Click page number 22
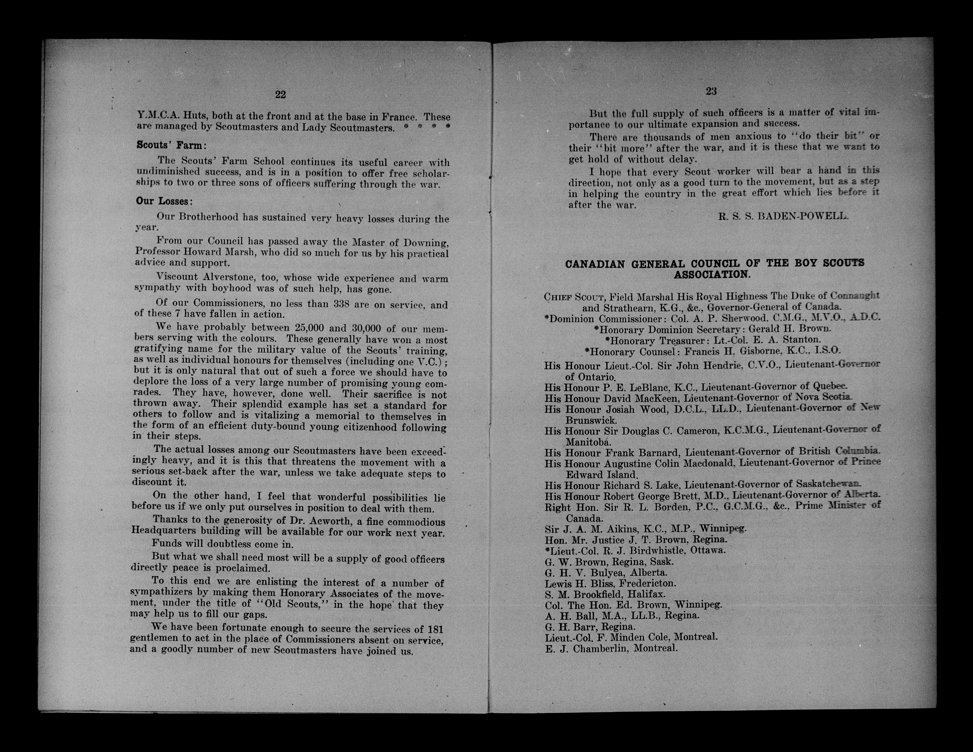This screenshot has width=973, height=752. point(280,94)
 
